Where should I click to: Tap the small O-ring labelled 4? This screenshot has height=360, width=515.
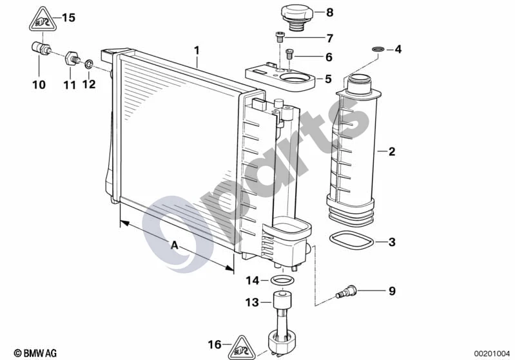[x=378, y=49]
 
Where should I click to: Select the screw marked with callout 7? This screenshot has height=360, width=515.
[x=280, y=37]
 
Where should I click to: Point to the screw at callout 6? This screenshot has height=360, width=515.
[x=289, y=54]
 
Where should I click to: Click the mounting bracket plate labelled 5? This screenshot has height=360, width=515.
[x=280, y=79]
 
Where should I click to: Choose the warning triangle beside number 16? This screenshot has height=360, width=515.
[x=243, y=348]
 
